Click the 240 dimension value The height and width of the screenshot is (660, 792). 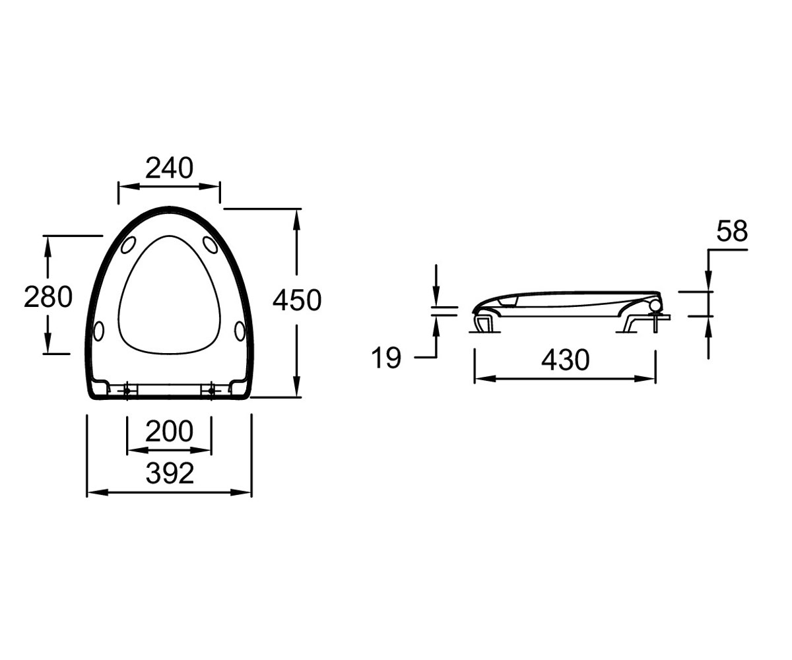tap(169, 168)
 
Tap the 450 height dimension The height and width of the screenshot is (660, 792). tap(297, 300)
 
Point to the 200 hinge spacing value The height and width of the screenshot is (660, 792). tap(169, 431)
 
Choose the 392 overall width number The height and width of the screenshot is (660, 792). tap(170, 473)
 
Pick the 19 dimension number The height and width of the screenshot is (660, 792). tap(386, 358)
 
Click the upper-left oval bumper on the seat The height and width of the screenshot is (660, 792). tap(128, 245)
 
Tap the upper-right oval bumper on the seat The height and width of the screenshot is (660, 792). tap(210, 245)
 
